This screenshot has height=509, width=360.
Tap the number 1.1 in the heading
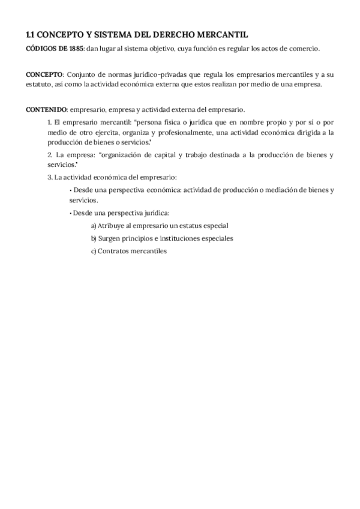pyautogui.click(x=31, y=35)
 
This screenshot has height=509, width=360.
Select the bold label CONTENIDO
pyautogui.click(x=46, y=109)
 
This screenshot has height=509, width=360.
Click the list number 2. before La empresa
pyautogui.click(x=50, y=155)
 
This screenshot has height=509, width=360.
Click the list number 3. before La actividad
pyautogui.click(x=50, y=178)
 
